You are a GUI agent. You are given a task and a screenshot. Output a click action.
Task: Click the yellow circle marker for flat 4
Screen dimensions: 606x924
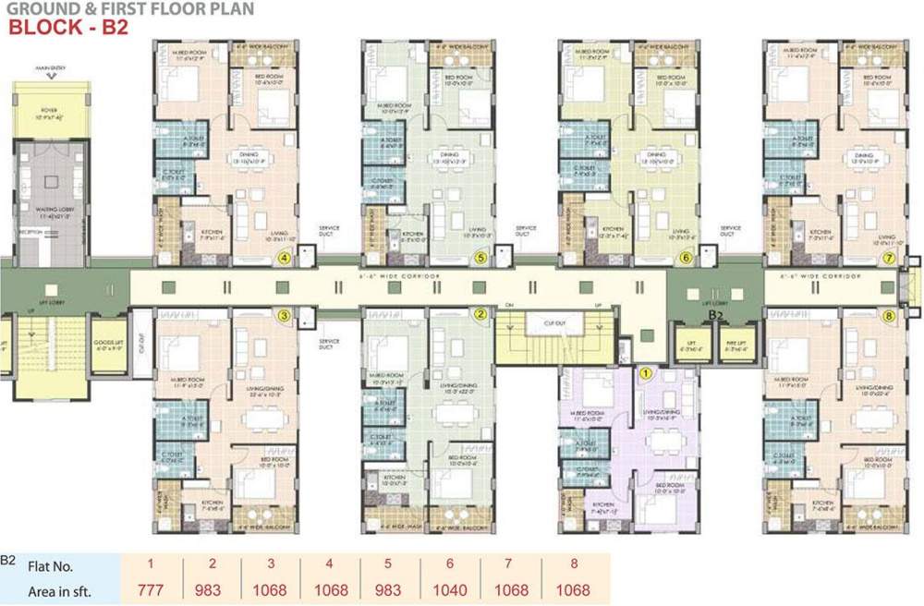click(x=286, y=259)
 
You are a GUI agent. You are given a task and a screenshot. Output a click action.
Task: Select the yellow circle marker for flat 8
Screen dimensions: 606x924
click(x=889, y=316)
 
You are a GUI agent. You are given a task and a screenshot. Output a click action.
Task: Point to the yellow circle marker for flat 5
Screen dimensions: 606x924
click(x=480, y=259)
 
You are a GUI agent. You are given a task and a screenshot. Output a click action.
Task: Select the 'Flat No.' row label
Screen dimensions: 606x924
click(x=51, y=566)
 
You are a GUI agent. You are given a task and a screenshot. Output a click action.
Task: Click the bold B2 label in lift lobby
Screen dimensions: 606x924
click(x=713, y=315)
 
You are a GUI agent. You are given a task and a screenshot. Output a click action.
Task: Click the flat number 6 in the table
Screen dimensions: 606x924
click(x=449, y=566)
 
